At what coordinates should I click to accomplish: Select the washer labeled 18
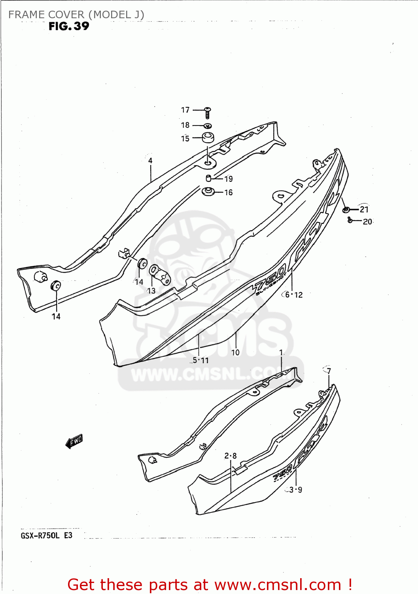coord(208,126)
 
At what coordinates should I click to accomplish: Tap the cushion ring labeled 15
coord(208,138)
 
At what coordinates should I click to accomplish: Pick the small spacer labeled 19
coord(209,178)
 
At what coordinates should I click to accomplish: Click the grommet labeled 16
coord(208,192)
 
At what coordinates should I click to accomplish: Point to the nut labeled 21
coord(346,209)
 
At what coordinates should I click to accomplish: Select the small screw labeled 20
coord(350,220)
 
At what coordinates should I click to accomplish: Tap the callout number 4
coord(150,160)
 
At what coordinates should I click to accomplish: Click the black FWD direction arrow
coord(74,441)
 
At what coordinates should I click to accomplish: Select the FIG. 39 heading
coord(69,26)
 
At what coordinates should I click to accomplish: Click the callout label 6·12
coord(294,295)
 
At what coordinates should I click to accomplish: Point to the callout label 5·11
coord(200,360)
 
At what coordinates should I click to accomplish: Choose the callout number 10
coord(235,352)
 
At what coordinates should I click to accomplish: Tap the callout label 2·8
coord(231,456)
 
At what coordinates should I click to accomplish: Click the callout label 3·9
coord(295,490)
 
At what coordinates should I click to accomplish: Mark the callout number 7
coord(329,371)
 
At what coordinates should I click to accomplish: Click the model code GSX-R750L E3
coord(47,535)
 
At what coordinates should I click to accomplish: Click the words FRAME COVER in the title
coord(46,15)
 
